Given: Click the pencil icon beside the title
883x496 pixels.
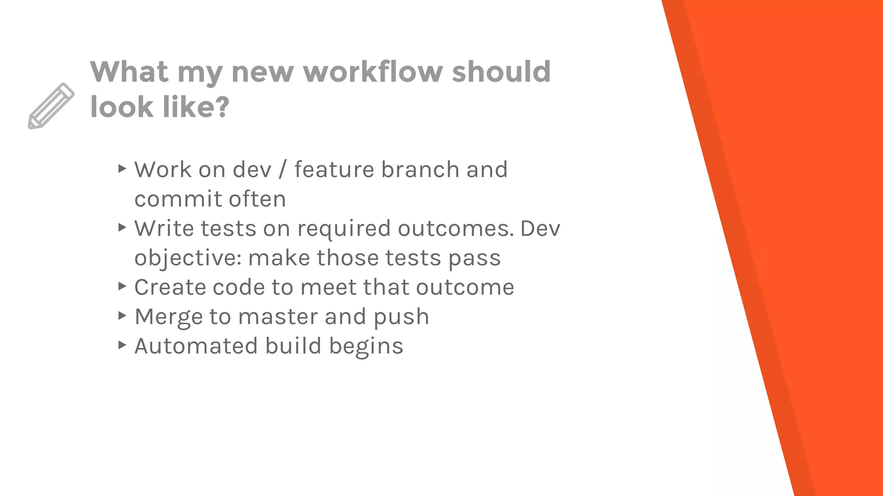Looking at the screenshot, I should coord(51,105).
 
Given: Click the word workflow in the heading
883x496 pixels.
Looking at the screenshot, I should coord(373,71).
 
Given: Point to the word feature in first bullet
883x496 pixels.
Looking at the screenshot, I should coord(335,169).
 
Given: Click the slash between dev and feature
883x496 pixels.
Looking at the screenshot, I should coord(282,169).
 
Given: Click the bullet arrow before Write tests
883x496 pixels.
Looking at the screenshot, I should coord(122,227).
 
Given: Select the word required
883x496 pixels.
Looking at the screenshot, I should coord(344,228).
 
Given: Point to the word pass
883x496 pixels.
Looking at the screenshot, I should coord(474,258).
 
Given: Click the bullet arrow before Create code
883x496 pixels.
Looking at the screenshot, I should coord(122,286).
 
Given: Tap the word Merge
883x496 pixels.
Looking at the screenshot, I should coord(168,317).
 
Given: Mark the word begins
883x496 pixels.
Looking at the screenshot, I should coord(366,346).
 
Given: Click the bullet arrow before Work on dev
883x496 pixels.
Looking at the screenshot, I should coord(122,168).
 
